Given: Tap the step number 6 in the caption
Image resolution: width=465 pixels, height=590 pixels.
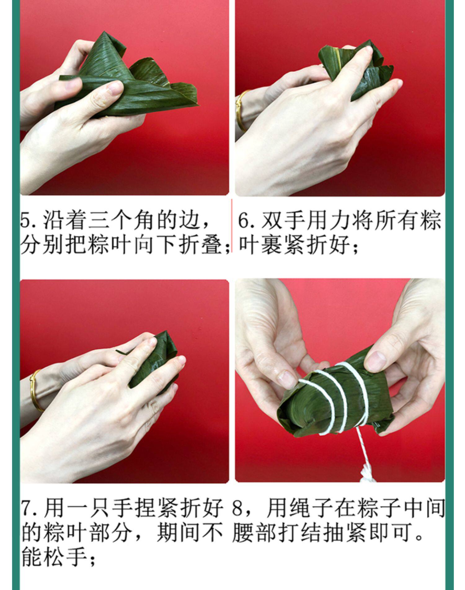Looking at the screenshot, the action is (x=244, y=221).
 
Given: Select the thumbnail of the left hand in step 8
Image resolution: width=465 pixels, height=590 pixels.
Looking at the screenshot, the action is (x=286, y=378).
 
